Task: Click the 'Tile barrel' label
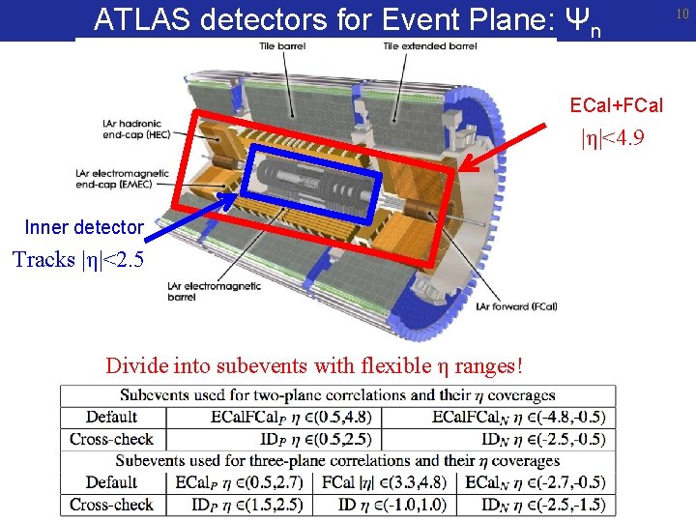(279, 46)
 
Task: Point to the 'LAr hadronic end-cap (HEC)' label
(135, 129)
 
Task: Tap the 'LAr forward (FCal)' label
(516, 306)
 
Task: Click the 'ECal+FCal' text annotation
(616, 104)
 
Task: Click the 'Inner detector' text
(84, 227)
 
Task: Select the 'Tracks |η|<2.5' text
(77, 259)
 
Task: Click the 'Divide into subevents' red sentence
(315, 366)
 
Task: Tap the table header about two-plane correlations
(337, 394)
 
